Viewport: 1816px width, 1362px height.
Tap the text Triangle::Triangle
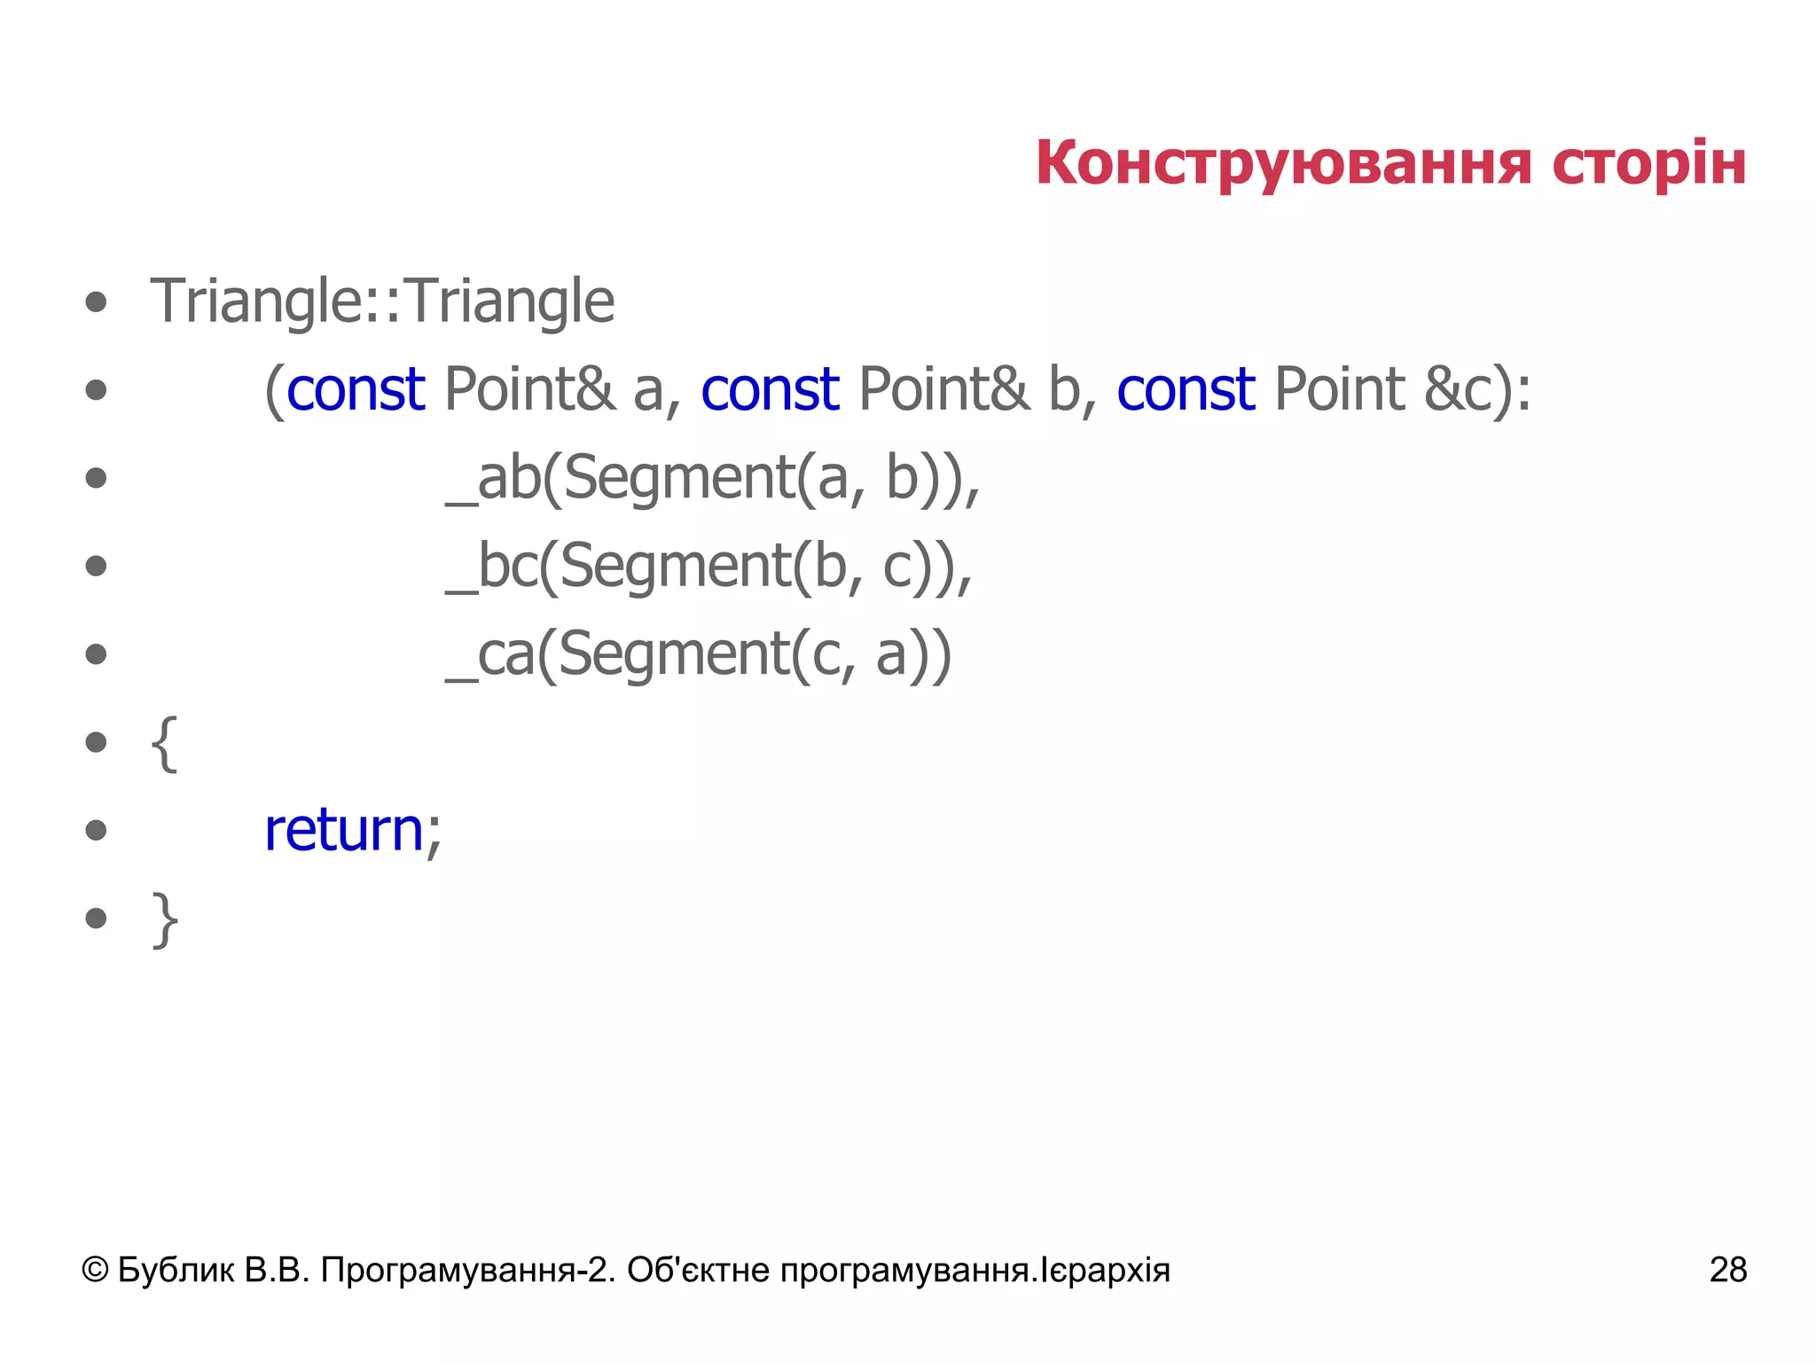point(382,301)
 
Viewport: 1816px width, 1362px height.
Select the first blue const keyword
point(356,389)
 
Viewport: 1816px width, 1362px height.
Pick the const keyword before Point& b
point(770,389)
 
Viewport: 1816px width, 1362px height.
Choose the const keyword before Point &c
point(1186,389)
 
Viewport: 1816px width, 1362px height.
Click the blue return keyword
point(344,831)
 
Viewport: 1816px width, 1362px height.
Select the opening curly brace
point(165,743)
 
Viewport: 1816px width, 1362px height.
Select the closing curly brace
point(165,919)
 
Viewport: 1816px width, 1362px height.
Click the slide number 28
point(1727,1270)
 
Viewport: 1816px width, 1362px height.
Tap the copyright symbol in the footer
point(95,1271)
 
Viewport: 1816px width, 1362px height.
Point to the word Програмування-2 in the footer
point(466,1271)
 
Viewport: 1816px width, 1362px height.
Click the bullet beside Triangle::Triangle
point(96,302)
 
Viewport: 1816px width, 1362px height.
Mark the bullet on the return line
point(96,831)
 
